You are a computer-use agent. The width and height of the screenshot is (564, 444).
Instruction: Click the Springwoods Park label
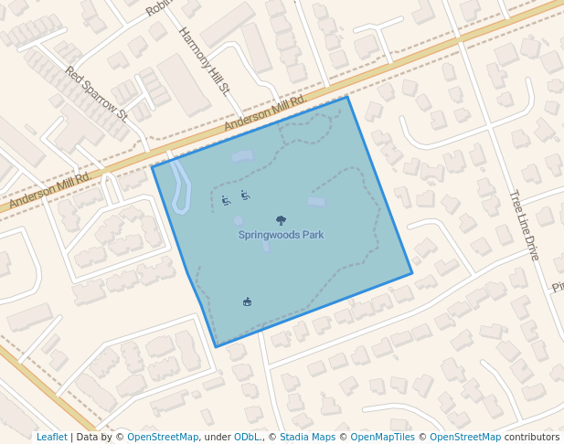point(281,235)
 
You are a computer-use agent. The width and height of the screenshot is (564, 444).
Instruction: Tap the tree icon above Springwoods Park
point(281,220)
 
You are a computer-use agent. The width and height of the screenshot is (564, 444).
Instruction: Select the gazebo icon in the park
point(247,301)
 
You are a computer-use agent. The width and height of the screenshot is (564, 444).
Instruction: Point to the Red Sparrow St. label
point(97,93)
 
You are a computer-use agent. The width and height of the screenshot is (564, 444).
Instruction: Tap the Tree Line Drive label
point(525,225)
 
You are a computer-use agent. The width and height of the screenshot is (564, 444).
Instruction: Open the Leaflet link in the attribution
point(51,438)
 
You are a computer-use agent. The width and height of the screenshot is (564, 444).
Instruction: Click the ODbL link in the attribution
point(248,438)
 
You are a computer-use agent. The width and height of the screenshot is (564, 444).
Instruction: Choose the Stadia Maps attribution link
point(308,438)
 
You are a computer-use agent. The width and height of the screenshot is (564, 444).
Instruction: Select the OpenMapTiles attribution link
point(377,438)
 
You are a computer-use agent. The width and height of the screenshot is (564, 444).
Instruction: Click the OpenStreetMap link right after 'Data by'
point(163,438)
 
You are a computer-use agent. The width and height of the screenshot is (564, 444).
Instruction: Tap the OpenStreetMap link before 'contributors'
point(465,438)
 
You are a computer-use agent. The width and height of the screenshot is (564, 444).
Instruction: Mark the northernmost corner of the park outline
point(347,97)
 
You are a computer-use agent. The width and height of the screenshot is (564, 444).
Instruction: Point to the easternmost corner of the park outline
point(412,273)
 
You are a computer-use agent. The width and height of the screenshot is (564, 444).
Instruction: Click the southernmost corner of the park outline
point(217,347)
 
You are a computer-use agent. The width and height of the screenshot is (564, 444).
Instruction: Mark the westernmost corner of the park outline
point(152,166)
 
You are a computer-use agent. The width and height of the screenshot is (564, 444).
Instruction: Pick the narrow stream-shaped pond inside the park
point(180,187)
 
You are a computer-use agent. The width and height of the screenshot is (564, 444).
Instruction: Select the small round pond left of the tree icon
point(239,221)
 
